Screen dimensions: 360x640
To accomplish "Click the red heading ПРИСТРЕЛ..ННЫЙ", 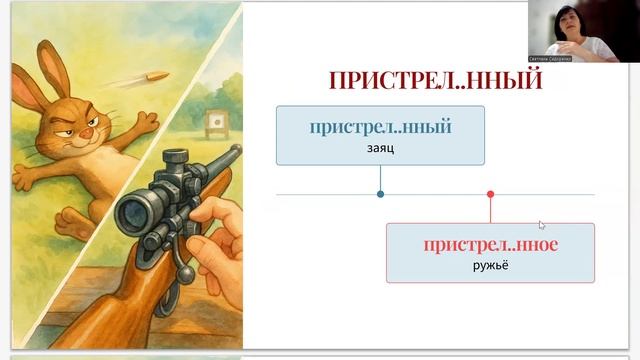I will point(435,80).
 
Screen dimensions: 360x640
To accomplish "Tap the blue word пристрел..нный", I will point(380,127).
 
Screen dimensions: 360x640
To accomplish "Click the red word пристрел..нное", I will point(490,244).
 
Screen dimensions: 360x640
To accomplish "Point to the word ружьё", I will point(490,265).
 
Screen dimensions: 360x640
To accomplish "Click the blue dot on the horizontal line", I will point(380,194).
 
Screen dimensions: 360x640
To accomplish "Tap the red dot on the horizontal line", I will point(490,194).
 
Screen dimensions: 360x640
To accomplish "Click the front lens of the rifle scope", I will point(131,213).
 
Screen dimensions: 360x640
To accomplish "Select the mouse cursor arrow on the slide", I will point(541,225).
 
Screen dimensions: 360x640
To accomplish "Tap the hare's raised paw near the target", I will point(148,123).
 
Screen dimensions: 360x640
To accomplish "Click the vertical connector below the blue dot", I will point(380,178).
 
